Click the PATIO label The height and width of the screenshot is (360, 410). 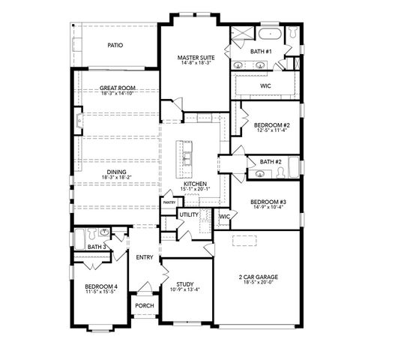point(115,46)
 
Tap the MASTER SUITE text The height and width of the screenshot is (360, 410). point(196,57)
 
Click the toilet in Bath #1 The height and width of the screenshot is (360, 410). point(293,34)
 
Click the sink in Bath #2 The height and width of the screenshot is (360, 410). point(260,174)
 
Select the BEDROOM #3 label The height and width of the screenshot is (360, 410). point(268,202)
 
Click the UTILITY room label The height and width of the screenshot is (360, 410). point(189,215)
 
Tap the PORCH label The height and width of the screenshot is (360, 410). point(145,306)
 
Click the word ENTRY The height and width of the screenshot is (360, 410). point(145,258)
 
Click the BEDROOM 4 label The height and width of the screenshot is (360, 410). point(100,286)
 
